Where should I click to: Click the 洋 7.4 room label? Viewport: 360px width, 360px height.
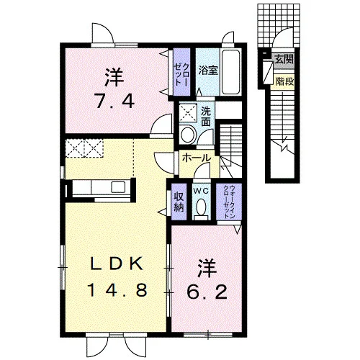[114, 89]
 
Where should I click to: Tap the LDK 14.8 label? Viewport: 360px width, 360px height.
[117, 276]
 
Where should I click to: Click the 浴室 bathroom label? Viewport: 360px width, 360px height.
[208, 71]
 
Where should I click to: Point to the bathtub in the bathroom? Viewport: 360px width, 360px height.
[230, 72]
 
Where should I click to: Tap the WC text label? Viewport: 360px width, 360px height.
[201, 192]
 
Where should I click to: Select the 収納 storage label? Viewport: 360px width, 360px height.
[179, 202]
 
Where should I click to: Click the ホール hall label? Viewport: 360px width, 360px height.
[197, 158]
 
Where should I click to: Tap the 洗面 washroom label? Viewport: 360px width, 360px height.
[206, 116]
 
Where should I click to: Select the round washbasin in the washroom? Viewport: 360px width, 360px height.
[188, 135]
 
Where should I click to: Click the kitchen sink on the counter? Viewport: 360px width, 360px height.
[118, 187]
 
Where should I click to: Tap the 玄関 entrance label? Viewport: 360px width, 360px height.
[284, 59]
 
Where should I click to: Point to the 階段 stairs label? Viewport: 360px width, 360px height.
[284, 82]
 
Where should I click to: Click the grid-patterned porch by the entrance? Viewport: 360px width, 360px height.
[279, 26]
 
